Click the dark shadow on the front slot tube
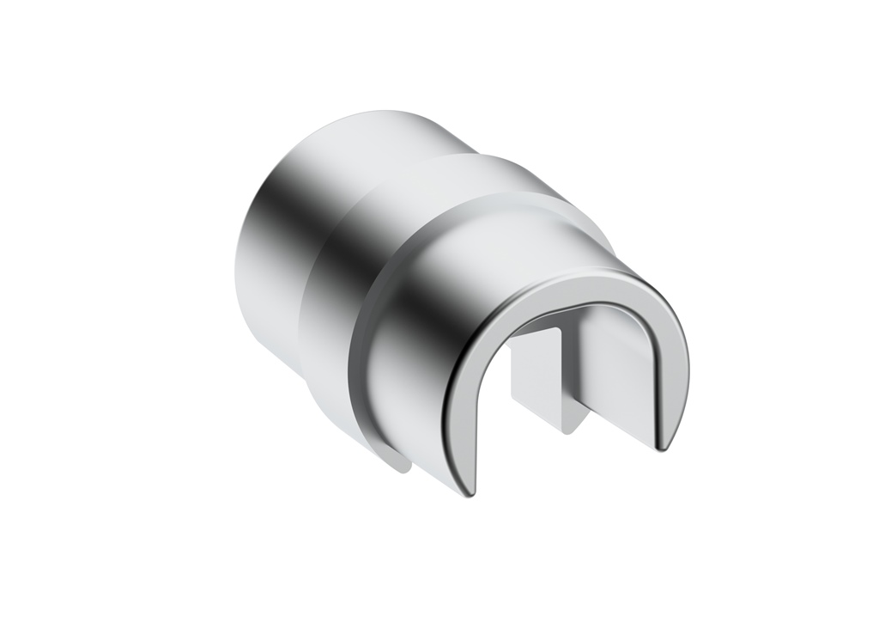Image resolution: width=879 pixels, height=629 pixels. pos(421,344)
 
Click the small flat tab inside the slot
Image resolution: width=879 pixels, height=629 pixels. pos(536,378)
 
